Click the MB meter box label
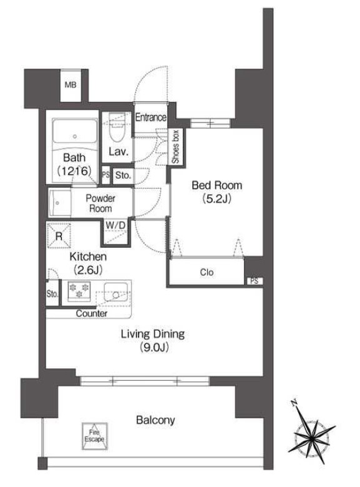click(x=71, y=84)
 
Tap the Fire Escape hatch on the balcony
click(x=95, y=436)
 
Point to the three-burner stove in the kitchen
click(x=79, y=292)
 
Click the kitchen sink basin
click(x=116, y=292)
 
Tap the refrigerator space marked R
click(x=59, y=236)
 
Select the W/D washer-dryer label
click(x=115, y=225)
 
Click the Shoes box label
click(x=176, y=147)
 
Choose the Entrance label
click(x=151, y=117)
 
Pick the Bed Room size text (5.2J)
click(x=217, y=199)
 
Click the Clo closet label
click(x=207, y=272)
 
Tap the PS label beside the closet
click(x=255, y=281)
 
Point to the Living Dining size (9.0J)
click(x=153, y=348)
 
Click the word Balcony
click(x=155, y=420)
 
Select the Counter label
click(x=92, y=313)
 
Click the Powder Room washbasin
click(x=60, y=203)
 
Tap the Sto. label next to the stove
click(x=52, y=293)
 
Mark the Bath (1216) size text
click(x=74, y=170)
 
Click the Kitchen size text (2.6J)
click(x=88, y=270)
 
